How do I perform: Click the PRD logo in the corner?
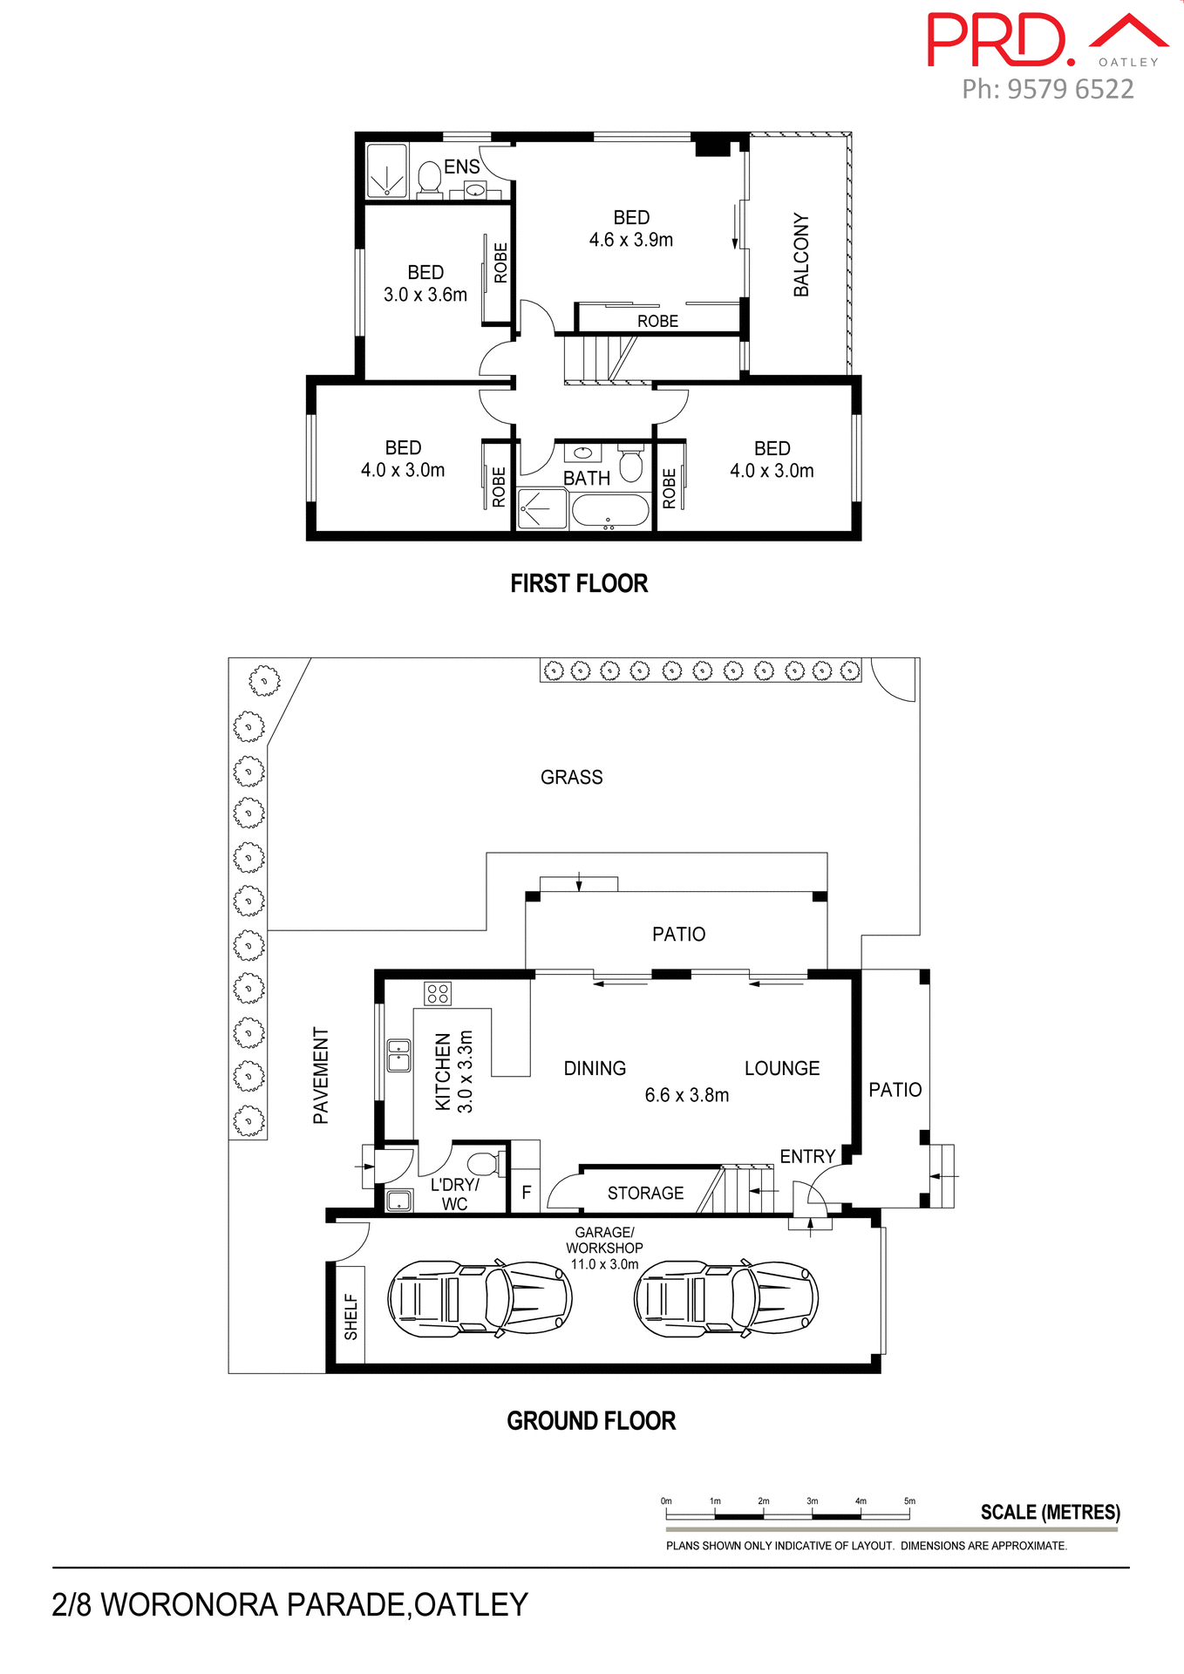click(999, 40)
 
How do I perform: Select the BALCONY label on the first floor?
click(800, 255)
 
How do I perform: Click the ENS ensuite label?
click(461, 167)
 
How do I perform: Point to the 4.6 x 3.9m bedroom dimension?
click(630, 240)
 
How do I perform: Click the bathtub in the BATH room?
click(610, 511)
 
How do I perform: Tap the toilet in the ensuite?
click(429, 178)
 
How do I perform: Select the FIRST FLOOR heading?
click(579, 583)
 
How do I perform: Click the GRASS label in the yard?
click(571, 777)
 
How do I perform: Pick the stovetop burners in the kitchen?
click(438, 993)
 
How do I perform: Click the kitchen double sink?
click(398, 1055)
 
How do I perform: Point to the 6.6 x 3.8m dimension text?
click(686, 1095)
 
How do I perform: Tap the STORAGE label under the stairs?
click(645, 1193)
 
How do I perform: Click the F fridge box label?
click(526, 1192)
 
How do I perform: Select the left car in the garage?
click(479, 1299)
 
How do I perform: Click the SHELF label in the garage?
click(350, 1317)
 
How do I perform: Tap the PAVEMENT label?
click(321, 1075)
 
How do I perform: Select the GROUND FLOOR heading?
click(591, 1421)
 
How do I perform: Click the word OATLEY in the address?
click(471, 1605)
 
